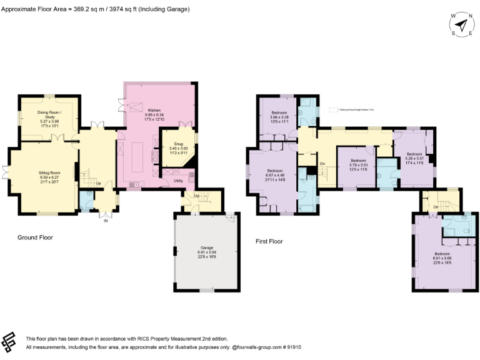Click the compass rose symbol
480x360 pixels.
(x=461, y=25)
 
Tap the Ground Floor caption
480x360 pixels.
(x=35, y=237)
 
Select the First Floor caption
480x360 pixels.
(x=269, y=241)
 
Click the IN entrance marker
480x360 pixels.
(x=105, y=220)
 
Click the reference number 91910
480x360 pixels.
(x=292, y=347)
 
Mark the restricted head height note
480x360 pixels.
(x=356, y=110)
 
